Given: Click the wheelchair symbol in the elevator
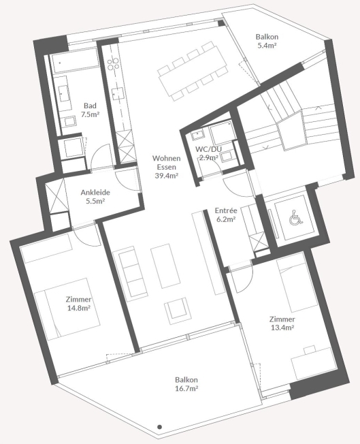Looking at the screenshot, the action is (295, 217).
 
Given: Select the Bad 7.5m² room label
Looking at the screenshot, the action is (90, 110).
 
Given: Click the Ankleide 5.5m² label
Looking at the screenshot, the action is (95, 197).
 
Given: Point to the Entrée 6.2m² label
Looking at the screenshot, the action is (225, 215).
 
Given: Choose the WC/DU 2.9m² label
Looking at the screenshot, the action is (209, 153).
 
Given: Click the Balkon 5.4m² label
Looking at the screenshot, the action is (267, 41).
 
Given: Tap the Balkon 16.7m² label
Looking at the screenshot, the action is (186, 384).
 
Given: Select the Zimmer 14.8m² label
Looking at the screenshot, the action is (78, 303).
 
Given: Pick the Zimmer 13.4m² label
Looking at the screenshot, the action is (282, 323).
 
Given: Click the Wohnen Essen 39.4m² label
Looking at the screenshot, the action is (167, 167).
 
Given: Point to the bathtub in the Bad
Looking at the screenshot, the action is (75, 61).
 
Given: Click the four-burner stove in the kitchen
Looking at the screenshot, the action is (113, 64).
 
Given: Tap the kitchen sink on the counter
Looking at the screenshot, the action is (118, 93).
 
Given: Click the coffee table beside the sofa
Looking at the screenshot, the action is (165, 265).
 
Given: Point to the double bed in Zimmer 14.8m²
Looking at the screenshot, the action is (67, 309).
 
